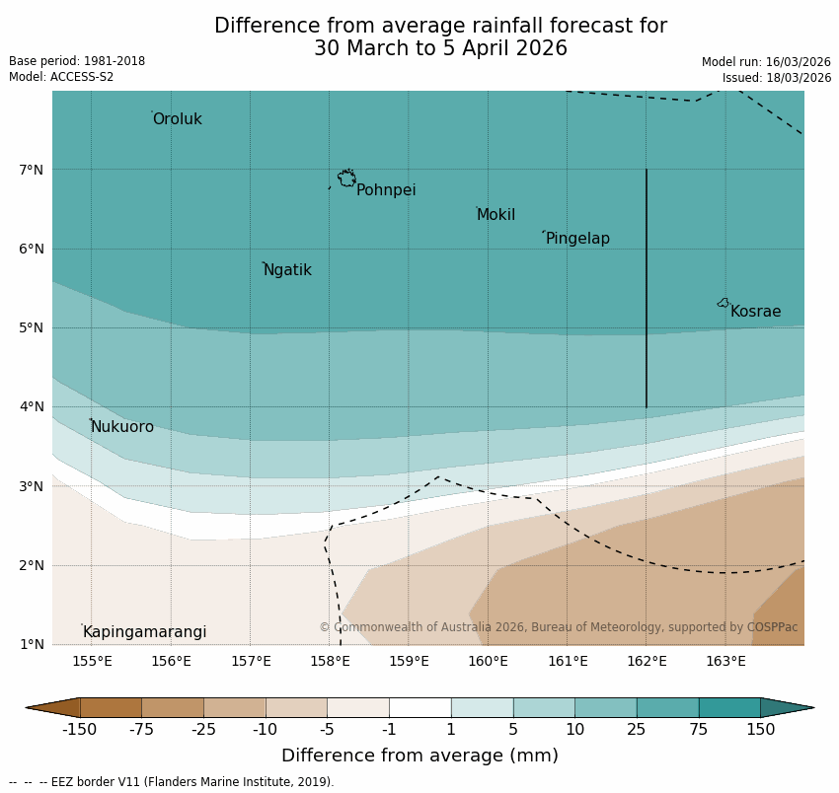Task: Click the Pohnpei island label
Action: [x=386, y=190]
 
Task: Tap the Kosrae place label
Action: [x=755, y=312]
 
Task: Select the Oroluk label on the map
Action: [x=177, y=119]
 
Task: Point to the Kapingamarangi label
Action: [x=144, y=632]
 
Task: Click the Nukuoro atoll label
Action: [x=122, y=427]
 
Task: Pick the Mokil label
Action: [x=496, y=215]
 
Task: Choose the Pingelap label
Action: [x=577, y=239]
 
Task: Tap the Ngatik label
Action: [x=287, y=270]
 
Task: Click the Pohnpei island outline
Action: [x=346, y=179]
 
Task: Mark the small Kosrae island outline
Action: [x=724, y=303]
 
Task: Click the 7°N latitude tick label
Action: [x=31, y=170]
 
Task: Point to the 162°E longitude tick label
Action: [x=647, y=661]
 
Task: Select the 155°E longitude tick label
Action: [x=92, y=661]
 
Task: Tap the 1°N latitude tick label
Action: [x=31, y=644]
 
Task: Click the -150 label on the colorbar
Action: [x=79, y=730]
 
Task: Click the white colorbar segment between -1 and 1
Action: [x=419, y=707]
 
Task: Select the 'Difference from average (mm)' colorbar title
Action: [x=419, y=757]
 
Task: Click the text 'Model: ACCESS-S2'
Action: [x=61, y=77]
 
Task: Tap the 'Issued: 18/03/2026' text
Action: [x=776, y=78]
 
